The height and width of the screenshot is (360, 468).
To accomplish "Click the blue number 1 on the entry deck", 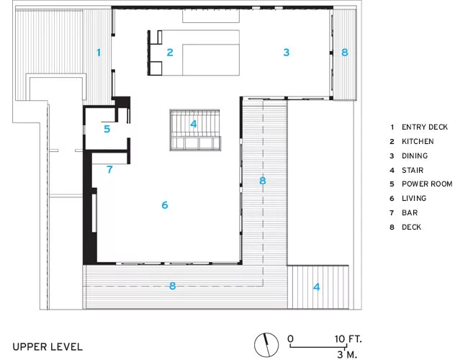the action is [x=99, y=53].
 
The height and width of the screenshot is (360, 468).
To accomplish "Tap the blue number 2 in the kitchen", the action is [x=170, y=53].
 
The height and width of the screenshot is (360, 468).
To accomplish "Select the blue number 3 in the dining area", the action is [x=287, y=53].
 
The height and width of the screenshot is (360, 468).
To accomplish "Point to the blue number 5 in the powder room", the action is [x=107, y=129].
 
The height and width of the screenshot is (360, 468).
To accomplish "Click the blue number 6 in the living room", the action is [x=165, y=205].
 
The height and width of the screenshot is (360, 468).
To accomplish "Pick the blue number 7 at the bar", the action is [x=109, y=169].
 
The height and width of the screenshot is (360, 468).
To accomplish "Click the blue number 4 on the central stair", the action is [x=194, y=124].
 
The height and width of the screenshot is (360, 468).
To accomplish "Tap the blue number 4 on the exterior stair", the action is [x=316, y=287].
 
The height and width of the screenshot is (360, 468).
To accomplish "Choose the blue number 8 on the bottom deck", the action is [x=172, y=286].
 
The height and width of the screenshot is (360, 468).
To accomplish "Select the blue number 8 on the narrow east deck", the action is [x=345, y=53].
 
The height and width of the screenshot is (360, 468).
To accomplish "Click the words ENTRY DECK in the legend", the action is [x=425, y=127].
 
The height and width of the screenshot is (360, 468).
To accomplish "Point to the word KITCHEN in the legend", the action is [x=418, y=142].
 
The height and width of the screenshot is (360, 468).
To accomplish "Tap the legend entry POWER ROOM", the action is [x=427, y=184].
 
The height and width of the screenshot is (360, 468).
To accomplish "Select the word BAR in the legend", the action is [x=410, y=213].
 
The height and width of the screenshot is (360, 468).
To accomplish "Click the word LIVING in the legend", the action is [x=414, y=198].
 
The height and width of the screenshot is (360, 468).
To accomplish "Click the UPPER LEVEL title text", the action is [x=48, y=347].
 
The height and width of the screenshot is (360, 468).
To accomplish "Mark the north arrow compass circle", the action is [x=266, y=345].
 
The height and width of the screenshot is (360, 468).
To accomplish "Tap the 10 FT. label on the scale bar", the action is [x=348, y=339].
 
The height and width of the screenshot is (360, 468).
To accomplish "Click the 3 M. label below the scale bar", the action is [x=347, y=355].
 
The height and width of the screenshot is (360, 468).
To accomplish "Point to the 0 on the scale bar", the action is [x=290, y=339].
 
